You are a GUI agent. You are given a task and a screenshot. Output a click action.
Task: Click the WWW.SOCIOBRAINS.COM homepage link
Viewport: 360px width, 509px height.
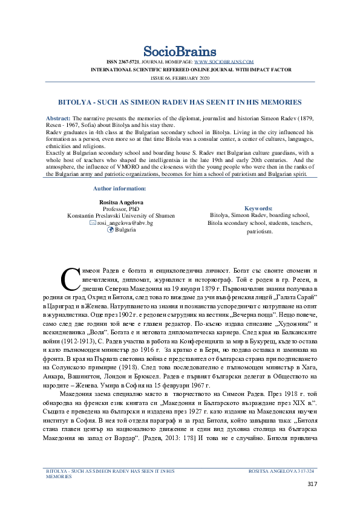223,62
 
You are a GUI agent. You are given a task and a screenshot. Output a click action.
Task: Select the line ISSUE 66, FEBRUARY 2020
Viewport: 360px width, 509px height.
180,79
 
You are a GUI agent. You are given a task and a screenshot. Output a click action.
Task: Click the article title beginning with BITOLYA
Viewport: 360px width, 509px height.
180,103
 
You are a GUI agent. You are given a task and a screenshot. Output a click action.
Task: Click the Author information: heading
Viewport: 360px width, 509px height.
120,189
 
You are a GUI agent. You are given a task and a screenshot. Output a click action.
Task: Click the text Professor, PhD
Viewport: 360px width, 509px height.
120,208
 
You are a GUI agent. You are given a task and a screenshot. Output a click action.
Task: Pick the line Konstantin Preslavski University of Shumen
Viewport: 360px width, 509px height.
120,215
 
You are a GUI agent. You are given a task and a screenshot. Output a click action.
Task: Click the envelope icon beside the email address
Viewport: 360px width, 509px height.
93,223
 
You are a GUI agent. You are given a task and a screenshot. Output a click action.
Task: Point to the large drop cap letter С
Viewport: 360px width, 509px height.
69,277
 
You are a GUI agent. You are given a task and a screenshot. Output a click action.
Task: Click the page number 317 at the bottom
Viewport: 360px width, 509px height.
312,484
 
